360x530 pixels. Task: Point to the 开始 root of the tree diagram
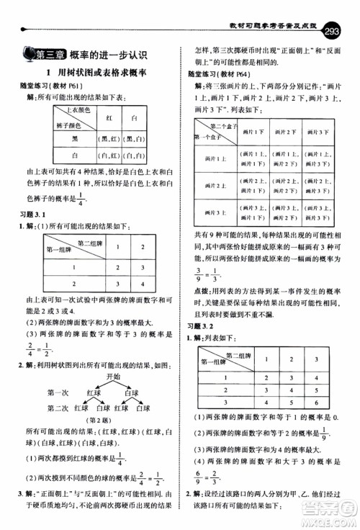pyautogui.click(x=113, y=376)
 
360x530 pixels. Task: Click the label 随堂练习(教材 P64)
pyautogui.click(x=218, y=73)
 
